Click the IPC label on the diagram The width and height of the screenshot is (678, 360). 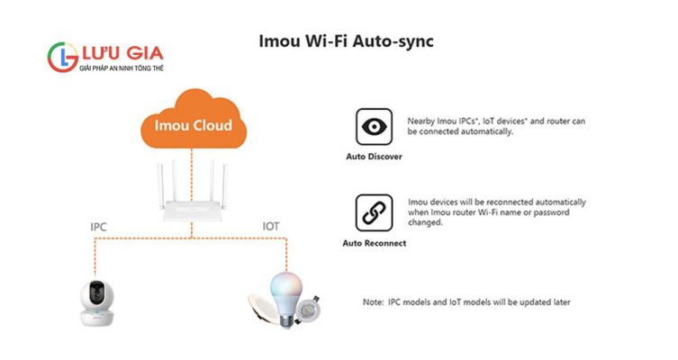pos(98,227)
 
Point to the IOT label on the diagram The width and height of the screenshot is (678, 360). pos(271,227)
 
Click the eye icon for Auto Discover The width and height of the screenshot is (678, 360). pos(374,127)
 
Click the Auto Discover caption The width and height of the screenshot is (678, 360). pos(374,156)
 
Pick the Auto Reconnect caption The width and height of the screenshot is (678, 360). pos(374,243)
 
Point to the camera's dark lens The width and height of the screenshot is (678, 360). pos(97,293)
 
